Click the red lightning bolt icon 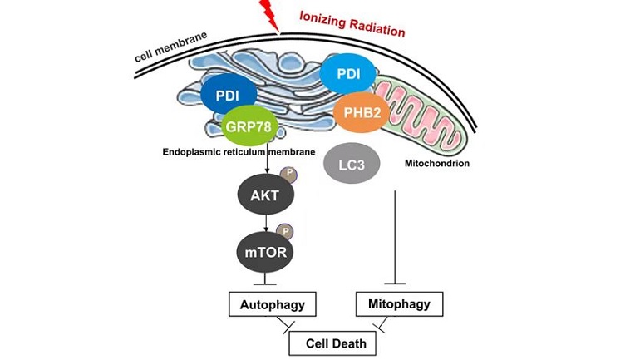tap(269, 12)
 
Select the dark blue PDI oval tap(228, 95)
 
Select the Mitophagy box tap(398, 304)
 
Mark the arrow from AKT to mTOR tap(264, 220)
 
